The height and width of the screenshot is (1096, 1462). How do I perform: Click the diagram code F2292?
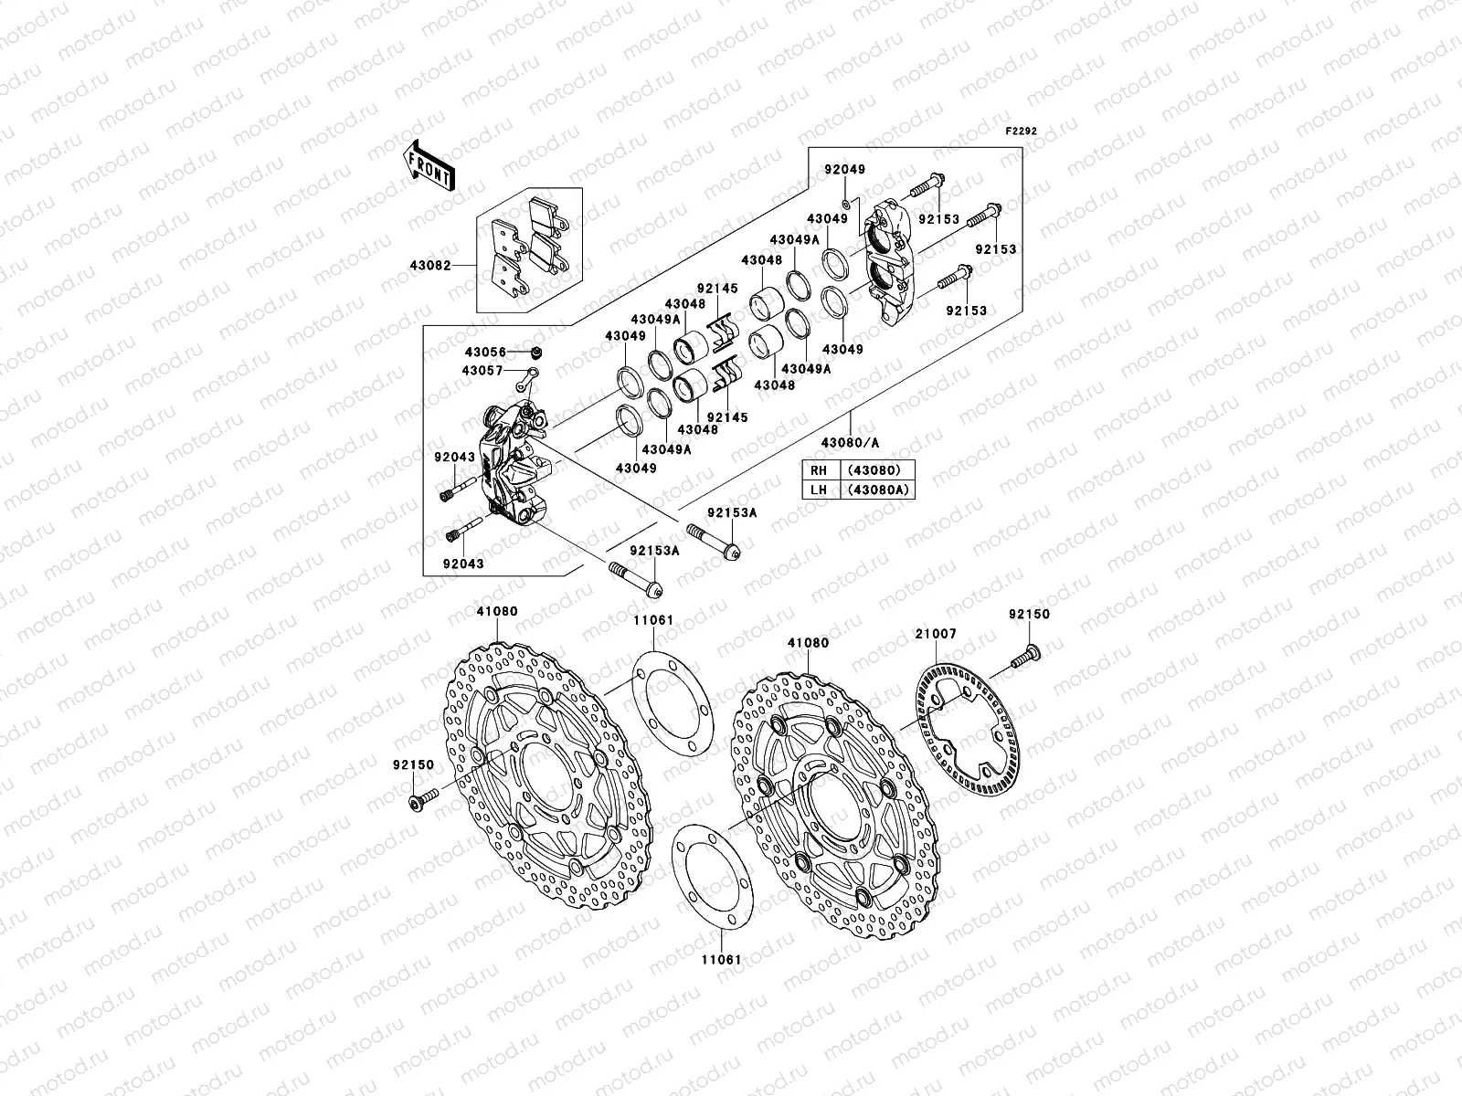1022,132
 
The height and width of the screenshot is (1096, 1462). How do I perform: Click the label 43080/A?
850,442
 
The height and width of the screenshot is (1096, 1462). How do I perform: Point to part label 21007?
935,633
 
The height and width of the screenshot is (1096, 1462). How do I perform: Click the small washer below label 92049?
847,204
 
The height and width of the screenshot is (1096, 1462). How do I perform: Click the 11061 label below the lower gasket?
720,961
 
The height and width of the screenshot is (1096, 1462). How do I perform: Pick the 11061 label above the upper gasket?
654,620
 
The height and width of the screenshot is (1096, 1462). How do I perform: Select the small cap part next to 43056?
537,352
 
